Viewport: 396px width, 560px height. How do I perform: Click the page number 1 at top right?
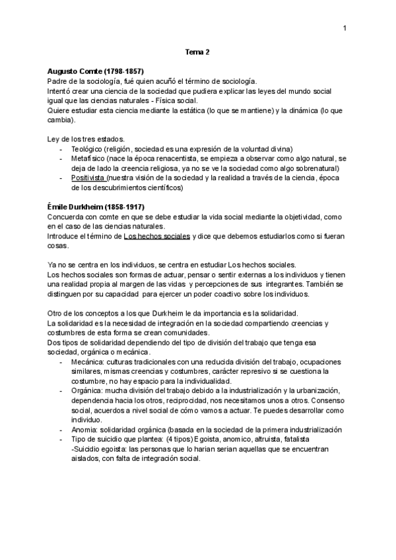pos(345,28)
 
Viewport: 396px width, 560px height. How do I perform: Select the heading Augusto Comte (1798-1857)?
pos(96,70)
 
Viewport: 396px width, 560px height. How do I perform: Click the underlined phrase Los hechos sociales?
pos(156,236)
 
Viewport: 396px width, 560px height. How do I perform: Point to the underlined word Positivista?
pos(88,178)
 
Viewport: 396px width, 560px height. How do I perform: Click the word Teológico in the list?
pos(87,149)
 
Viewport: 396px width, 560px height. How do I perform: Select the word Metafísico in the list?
pos(88,159)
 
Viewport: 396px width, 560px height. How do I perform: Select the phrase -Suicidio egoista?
pos(99,448)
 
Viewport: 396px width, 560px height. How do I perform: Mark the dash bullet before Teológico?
pos(61,149)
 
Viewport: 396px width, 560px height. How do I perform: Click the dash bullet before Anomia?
pos(61,429)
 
